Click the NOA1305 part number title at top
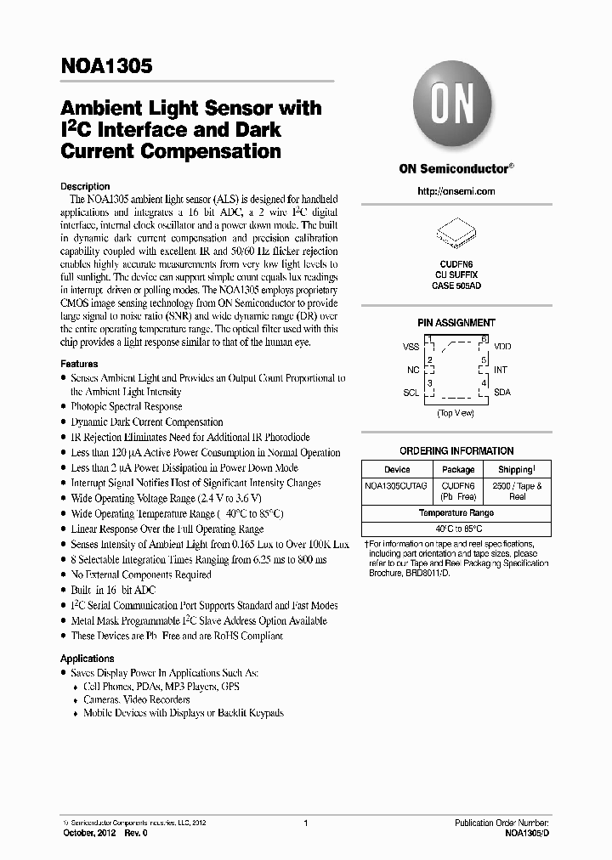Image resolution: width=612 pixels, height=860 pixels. [x=106, y=69]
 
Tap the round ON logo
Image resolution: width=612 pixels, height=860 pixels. [x=455, y=108]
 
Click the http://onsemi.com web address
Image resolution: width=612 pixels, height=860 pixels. [x=456, y=191]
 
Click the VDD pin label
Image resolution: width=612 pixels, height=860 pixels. [x=502, y=348]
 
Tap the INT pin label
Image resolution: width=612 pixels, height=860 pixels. [x=501, y=371]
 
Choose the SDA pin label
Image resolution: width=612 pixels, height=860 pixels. [x=502, y=393]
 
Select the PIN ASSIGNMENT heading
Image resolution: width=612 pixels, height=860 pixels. [x=456, y=323]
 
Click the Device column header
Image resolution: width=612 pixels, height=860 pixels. [x=397, y=469]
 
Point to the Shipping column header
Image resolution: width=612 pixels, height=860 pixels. [x=517, y=469]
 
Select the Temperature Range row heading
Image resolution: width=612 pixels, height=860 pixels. [x=456, y=513]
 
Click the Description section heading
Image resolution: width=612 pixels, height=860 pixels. [x=85, y=186]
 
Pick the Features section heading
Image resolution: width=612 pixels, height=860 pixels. [x=79, y=364]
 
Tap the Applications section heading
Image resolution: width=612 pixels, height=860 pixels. [x=87, y=659]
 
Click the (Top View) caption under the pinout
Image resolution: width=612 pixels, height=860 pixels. [x=456, y=413]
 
